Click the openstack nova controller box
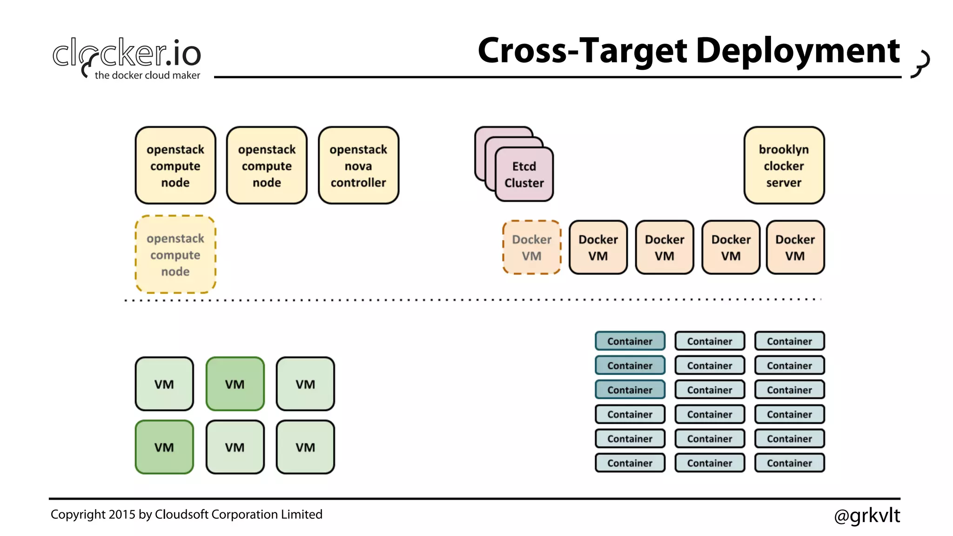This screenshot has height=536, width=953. pyautogui.click(x=358, y=166)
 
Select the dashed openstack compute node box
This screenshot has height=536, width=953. pyautogui.click(x=175, y=255)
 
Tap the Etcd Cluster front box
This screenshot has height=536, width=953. pyautogui.click(x=524, y=174)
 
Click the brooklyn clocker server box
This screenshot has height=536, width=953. pyautogui.click(x=784, y=166)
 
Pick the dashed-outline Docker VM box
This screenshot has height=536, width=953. pyautogui.click(x=531, y=248)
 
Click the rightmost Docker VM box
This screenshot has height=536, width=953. pyautogui.click(x=795, y=248)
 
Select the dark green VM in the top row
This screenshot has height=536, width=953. pyautogui.click(x=235, y=384)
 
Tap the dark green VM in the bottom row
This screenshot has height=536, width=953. pyautogui.click(x=164, y=447)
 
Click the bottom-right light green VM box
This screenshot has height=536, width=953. pyautogui.click(x=305, y=447)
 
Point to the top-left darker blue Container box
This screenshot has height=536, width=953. pyautogui.click(x=630, y=341)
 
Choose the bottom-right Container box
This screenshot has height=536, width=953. pyautogui.click(x=789, y=463)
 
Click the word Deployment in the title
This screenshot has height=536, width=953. pyautogui.click(x=798, y=51)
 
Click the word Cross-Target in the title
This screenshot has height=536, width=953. pyautogui.click(x=582, y=51)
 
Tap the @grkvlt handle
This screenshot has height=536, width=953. pyautogui.click(x=867, y=516)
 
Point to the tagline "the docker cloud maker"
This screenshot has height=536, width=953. pyautogui.click(x=147, y=75)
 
